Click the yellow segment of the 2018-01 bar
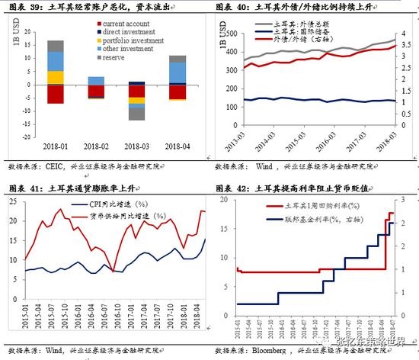click(56, 76)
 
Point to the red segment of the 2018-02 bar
click(96, 90)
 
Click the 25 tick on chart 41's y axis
click(14, 201)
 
